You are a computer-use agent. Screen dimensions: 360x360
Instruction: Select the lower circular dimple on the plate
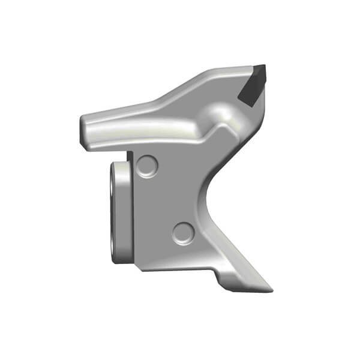(x=183, y=232)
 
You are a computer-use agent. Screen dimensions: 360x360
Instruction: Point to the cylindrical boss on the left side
(x=120, y=213)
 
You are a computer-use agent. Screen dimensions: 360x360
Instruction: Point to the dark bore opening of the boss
(x=113, y=210)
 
